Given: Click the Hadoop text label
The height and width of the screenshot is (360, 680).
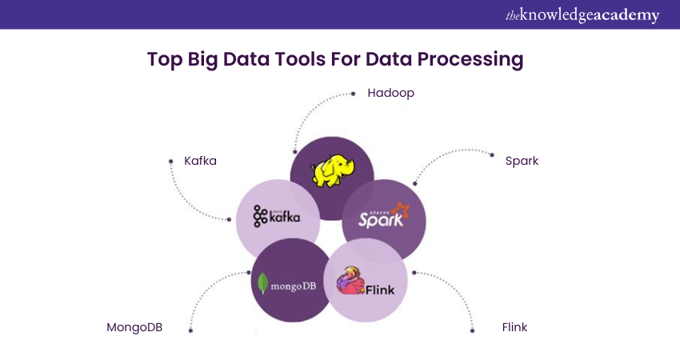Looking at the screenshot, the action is click(390, 94).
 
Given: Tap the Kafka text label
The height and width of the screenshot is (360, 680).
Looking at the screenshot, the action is click(200, 161).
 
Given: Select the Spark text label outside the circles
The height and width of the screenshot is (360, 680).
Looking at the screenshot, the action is click(522, 162).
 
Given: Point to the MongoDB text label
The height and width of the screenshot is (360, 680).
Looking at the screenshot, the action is click(134, 327).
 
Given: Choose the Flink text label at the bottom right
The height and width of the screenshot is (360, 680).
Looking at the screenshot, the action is click(514, 327).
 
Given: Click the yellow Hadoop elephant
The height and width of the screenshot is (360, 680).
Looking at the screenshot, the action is click(333, 171).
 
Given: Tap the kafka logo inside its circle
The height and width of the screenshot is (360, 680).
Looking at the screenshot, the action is click(276, 216).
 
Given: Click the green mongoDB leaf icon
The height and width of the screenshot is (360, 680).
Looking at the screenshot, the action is click(262, 283).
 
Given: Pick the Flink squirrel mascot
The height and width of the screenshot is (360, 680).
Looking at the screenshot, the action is click(351, 280).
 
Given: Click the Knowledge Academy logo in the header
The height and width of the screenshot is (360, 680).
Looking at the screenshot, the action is click(582, 15).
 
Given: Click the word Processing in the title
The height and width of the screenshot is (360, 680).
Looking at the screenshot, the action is click(470, 59).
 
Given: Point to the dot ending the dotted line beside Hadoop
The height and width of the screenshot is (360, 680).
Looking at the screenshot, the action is click(354, 94).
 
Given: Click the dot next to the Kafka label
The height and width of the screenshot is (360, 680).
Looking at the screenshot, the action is click(171, 162).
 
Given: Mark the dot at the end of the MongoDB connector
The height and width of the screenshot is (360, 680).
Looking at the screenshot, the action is click(190, 330).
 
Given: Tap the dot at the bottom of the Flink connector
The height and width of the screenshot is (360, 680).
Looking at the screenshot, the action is click(472, 330).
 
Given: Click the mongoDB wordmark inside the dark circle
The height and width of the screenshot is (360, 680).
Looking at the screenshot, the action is click(293, 286).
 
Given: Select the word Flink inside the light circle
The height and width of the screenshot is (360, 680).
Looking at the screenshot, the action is click(380, 290).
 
